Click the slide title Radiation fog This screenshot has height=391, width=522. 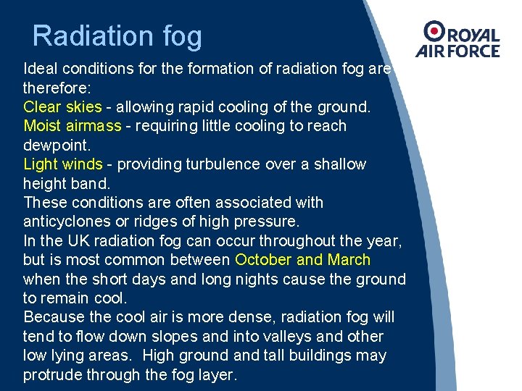[x=117, y=36]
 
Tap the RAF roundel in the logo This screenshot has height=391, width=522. [x=434, y=31]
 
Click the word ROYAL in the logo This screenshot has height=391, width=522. [x=472, y=35]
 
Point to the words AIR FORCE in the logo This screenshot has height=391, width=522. [x=457, y=51]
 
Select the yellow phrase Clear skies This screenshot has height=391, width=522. [x=62, y=107]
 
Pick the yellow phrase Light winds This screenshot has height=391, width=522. [x=63, y=164]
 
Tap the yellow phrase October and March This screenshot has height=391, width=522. [x=303, y=260]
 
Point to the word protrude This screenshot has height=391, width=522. [x=52, y=375]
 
